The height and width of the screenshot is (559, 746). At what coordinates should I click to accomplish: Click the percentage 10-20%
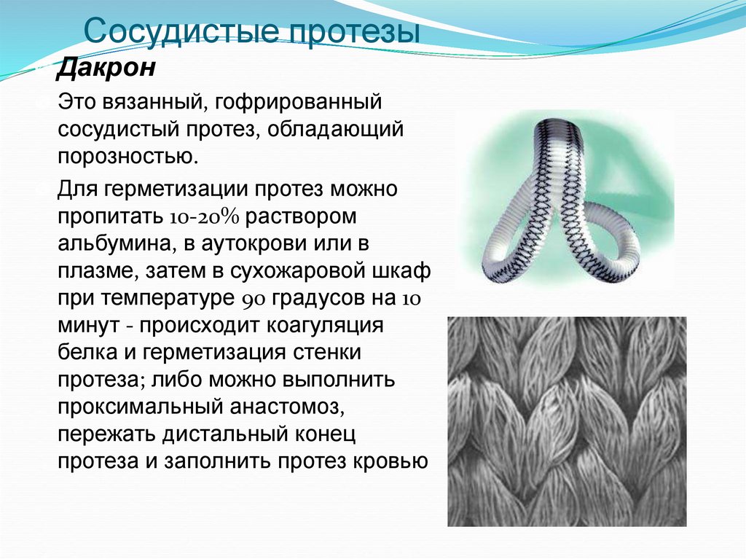[209, 218]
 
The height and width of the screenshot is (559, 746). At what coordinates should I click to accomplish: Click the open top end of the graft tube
[559, 129]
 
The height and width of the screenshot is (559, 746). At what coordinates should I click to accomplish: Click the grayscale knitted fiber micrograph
[566, 421]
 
